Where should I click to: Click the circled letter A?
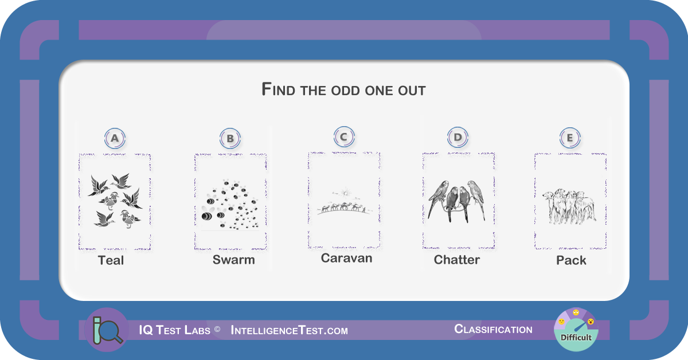click(x=115, y=138)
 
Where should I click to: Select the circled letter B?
click(x=230, y=139)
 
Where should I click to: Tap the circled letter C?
click(x=344, y=136)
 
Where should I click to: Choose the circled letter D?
click(x=458, y=138)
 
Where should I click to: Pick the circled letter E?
click(x=570, y=138)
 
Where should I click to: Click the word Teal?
click(x=111, y=260)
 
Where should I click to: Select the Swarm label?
click(x=234, y=260)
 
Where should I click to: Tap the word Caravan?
click(x=346, y=259)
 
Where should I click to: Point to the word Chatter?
click(x=457, y=260)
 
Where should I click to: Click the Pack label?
click(x=571, y=260)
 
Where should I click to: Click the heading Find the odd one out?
click(x=343, y=89)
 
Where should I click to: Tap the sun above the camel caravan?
click(x=346, y=193)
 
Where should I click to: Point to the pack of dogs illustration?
click(x=569, y=206)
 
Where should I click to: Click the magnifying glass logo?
click(x=107, y=330)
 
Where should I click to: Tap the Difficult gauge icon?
click(x=576, y=330)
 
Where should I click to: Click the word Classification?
click(x=493, y=329)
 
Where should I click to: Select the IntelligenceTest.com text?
click(x=290, y=331)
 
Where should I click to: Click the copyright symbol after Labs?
click(x=217, y=329)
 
